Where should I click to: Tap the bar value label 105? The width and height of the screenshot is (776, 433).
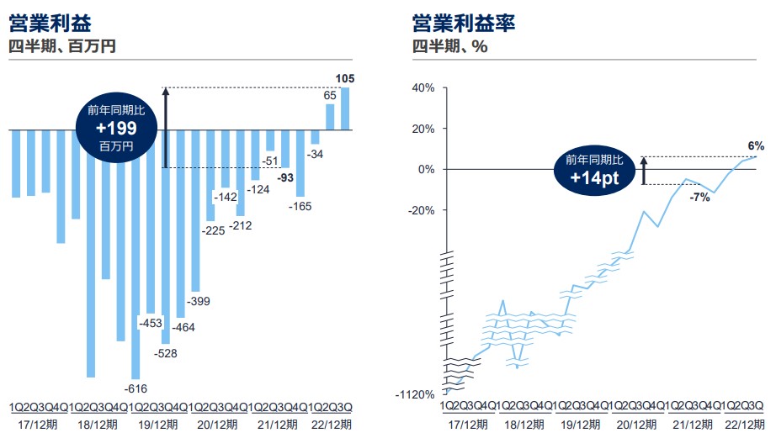[x=344, y=80]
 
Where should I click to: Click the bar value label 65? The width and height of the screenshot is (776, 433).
[x=331, y=97]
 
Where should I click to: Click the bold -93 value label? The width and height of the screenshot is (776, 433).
[x=286, y=177]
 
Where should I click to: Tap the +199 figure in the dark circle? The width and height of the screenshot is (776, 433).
[x=116, y=129]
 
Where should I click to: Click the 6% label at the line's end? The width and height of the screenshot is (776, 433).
[x=755, y=145]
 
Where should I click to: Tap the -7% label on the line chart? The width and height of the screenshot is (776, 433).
[x=700, y=197]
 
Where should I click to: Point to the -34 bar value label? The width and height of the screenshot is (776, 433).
[x=316, y=155]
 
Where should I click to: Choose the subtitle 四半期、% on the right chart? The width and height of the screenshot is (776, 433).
[x=450, y=47]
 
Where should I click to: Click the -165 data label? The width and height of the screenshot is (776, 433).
[x=300, y=206]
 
